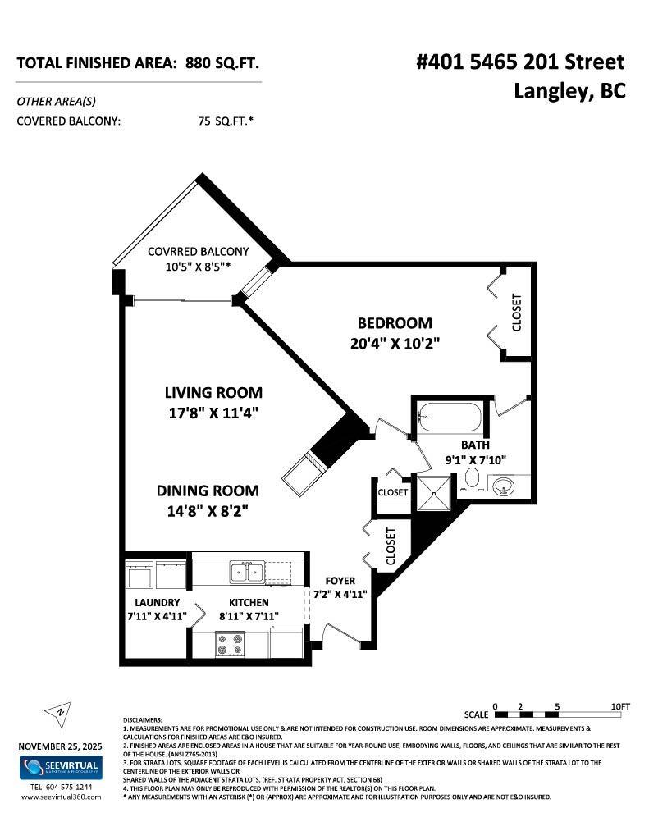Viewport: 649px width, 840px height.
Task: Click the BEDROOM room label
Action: [394, 323]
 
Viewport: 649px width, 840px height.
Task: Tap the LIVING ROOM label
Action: [213, 393]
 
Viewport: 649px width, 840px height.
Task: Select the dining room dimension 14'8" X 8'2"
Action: [208, 511]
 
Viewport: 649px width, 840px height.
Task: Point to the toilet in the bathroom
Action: [473, 479]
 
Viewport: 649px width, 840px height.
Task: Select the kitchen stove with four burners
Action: [231, 645]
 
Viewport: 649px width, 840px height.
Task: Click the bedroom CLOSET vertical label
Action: [516, 313]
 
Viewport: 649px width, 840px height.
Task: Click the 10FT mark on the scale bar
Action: [619, 706]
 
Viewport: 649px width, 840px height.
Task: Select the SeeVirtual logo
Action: [60, 768]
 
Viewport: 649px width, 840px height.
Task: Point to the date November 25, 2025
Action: [60, 746]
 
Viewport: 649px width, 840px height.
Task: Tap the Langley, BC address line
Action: [569, 91]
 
